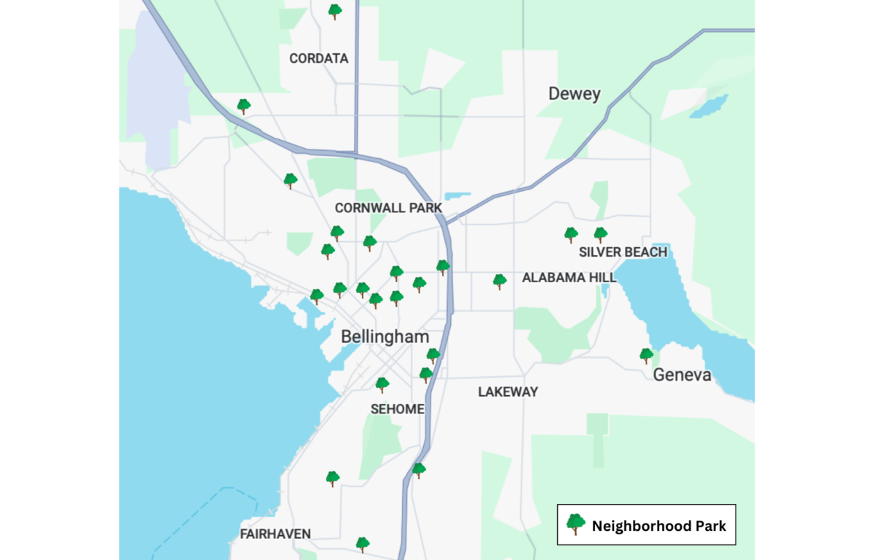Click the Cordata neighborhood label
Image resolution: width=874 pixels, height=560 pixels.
(319, 58)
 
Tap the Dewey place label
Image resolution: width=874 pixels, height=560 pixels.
(575, 94)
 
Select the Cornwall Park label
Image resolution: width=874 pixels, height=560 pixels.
(388, 208)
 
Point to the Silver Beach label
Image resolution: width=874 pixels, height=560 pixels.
(623, 252)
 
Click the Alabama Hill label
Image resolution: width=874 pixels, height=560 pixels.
(569, 277)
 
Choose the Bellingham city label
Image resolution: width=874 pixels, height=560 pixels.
(385, 337)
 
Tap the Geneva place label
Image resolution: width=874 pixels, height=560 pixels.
(682, 375)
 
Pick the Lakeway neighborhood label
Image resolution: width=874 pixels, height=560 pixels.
(508, 392)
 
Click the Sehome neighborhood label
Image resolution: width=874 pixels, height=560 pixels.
(397, 409)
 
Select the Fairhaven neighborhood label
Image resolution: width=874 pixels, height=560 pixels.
(275, 534)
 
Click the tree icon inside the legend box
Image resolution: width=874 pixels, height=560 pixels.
(575, 524)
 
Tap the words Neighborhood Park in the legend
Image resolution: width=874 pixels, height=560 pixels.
(658, 526)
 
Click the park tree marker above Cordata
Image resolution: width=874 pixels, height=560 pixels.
(334, 11)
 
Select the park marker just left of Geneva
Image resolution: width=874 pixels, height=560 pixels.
(646, 355)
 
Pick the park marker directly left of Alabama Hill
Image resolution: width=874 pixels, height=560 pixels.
(499, 281)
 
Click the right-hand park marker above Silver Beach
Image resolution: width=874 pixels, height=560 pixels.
(600, 234)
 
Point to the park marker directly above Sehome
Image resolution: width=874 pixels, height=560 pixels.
(382, 384)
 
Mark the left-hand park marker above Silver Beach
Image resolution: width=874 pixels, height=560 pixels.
(571, 234)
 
